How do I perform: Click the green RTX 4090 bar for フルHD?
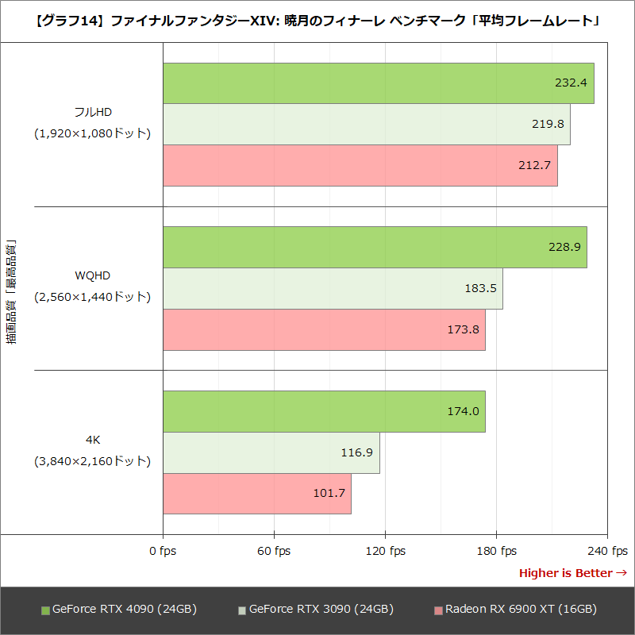coord(378,83)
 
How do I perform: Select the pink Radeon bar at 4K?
coord(256,493)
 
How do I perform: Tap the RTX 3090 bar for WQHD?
coord(333,288)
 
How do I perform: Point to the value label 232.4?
coord(571,83)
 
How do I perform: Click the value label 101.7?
coord(329,493)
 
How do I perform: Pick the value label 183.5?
coord(481,288)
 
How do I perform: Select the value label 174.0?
coord(464,411)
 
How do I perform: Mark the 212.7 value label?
coord(536,165)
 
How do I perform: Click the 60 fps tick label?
coord(274,551)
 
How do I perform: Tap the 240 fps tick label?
coord(608,551)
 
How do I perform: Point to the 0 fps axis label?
coord(163,551)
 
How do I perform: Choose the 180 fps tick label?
coord(497,551)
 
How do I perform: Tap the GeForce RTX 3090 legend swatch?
coord(242,610)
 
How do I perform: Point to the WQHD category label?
coord(92,275)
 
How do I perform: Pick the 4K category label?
coord(92,439)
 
